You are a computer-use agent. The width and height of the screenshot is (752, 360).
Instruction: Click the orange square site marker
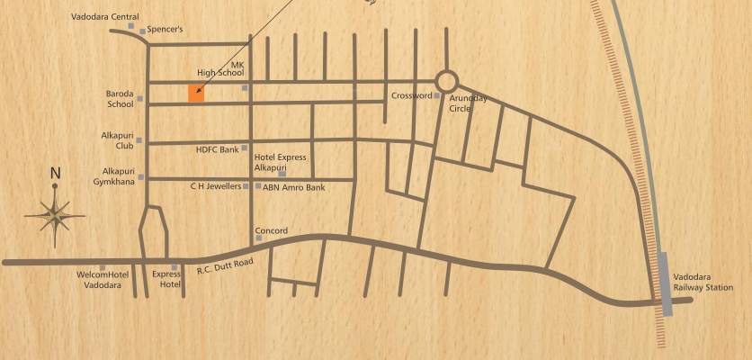(196, 93)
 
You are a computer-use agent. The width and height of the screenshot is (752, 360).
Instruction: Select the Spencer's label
(166, 30)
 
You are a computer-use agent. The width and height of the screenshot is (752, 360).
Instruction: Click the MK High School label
(220, 68)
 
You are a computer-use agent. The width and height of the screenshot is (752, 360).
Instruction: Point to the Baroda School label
(120, 99)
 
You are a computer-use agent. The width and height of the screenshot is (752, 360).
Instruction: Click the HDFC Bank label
(217, 148)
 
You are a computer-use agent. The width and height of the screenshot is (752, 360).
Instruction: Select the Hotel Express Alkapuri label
(280, 162)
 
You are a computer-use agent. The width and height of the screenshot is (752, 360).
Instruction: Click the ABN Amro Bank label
(293, 187)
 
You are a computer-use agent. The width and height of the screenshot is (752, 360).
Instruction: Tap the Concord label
(272, 231)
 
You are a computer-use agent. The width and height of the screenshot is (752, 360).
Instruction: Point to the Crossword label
(411, 95)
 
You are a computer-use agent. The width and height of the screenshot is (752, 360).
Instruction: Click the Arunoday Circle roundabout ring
(446, 81)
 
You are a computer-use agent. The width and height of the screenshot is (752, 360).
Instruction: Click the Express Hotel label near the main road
(166, 278)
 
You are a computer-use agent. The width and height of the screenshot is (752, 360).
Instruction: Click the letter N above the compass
(55, 174)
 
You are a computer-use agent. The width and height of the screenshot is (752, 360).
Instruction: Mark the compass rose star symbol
(55, 213)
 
